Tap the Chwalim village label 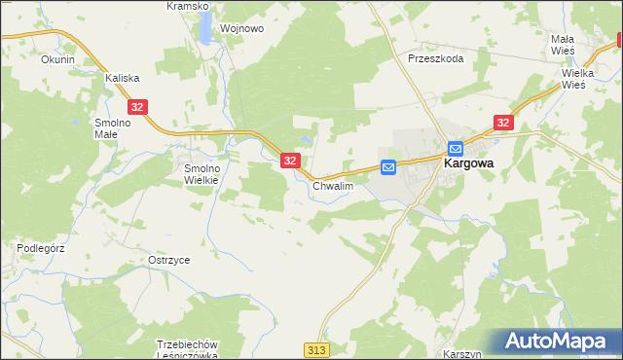[x=331, y=185]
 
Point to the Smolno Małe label [x=111, y=129]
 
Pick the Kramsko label [x=187, y=6]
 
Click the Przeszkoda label [x=436, y=58]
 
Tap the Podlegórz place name [x=40, y=248]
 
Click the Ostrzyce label [x=168, y=261]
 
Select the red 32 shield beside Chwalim [x=290, y=161]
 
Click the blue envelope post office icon [x=388, y=167]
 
